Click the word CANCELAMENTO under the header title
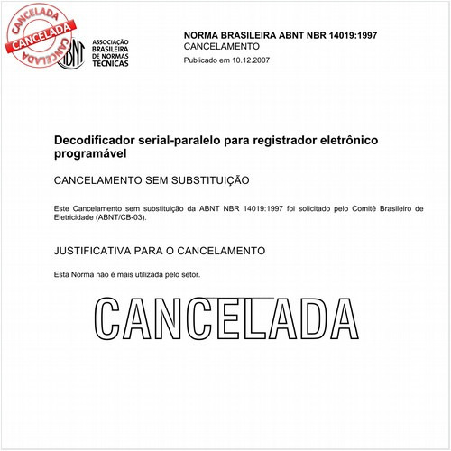(x=221, y=46)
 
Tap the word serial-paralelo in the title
(x=174, y=142)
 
